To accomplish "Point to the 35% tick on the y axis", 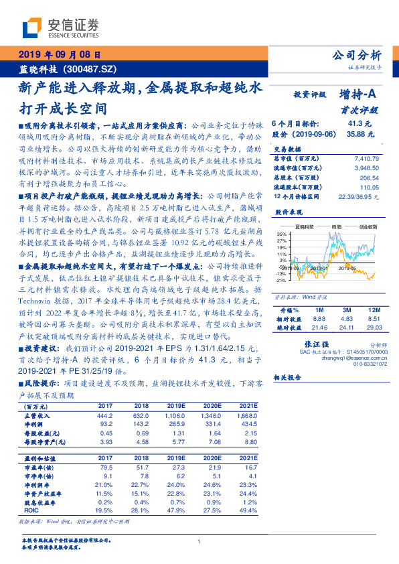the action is [282, 233].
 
